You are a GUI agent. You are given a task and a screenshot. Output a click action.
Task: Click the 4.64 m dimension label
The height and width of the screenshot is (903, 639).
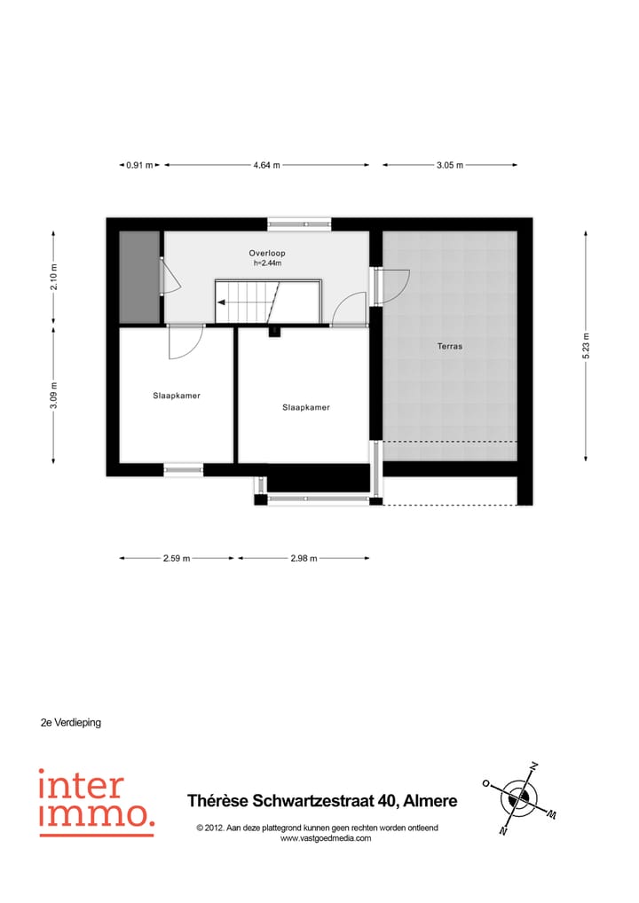pyautogui.click(x=266, y=165)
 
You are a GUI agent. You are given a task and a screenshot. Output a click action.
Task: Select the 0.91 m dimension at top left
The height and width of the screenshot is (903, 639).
pyautogui.click(x=139, y=165)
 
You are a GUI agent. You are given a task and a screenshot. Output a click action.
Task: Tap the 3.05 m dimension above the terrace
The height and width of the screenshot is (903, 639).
pyautogui.click(x=449, y=165)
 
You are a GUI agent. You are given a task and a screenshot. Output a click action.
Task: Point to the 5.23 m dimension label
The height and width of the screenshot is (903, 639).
pyautogui.click(x=585, y=346)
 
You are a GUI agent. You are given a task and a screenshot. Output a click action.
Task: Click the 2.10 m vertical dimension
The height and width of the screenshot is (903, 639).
pyautogui.click(x=54, y=278)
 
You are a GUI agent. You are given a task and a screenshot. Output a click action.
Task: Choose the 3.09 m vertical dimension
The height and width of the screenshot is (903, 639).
pyautogui.click(x=54, y=393)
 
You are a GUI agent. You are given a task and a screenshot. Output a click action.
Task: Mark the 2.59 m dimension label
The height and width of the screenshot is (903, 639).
pyautogui.click(x=176, y=558)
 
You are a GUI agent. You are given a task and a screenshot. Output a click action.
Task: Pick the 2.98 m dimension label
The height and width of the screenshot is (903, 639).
pyautogui.click(x=304, y=558)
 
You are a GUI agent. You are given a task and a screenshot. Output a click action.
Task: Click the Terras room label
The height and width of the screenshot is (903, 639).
pyautogui.click(x=449, y=346)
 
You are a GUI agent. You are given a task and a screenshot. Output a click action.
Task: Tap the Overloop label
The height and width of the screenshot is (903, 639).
pyautogui.click(x=266, y=253)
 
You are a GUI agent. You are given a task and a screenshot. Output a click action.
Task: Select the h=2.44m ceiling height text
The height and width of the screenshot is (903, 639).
pyautogui.click(x=266, y=263)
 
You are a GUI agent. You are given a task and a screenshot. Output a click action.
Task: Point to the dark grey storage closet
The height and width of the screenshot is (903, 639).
pyautogui.click(x=139, y=277)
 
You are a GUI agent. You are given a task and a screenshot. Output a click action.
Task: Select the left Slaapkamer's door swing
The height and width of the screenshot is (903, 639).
pyautogui.click(x=185, y=342)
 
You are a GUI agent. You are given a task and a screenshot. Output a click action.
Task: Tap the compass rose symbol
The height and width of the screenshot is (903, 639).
pyautogui.click(x=517, y=799)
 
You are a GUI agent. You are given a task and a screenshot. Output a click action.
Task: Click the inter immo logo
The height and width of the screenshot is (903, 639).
pyautogui.click(x=95, y=802)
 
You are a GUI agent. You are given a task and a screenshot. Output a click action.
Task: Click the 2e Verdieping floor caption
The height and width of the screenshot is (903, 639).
pyautogui.click(x=71, y=722)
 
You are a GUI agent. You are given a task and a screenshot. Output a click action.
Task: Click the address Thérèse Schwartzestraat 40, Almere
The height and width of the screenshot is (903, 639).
pyautogui.click(x=322, y=801)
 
